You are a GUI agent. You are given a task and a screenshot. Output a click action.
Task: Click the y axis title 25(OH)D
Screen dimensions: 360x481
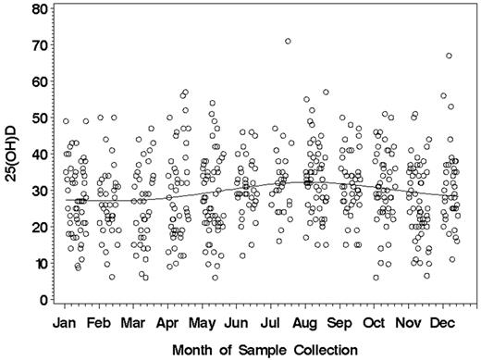click(x=11, y=155)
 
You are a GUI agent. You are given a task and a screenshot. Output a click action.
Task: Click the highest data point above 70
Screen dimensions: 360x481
click(x=288, y=41)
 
